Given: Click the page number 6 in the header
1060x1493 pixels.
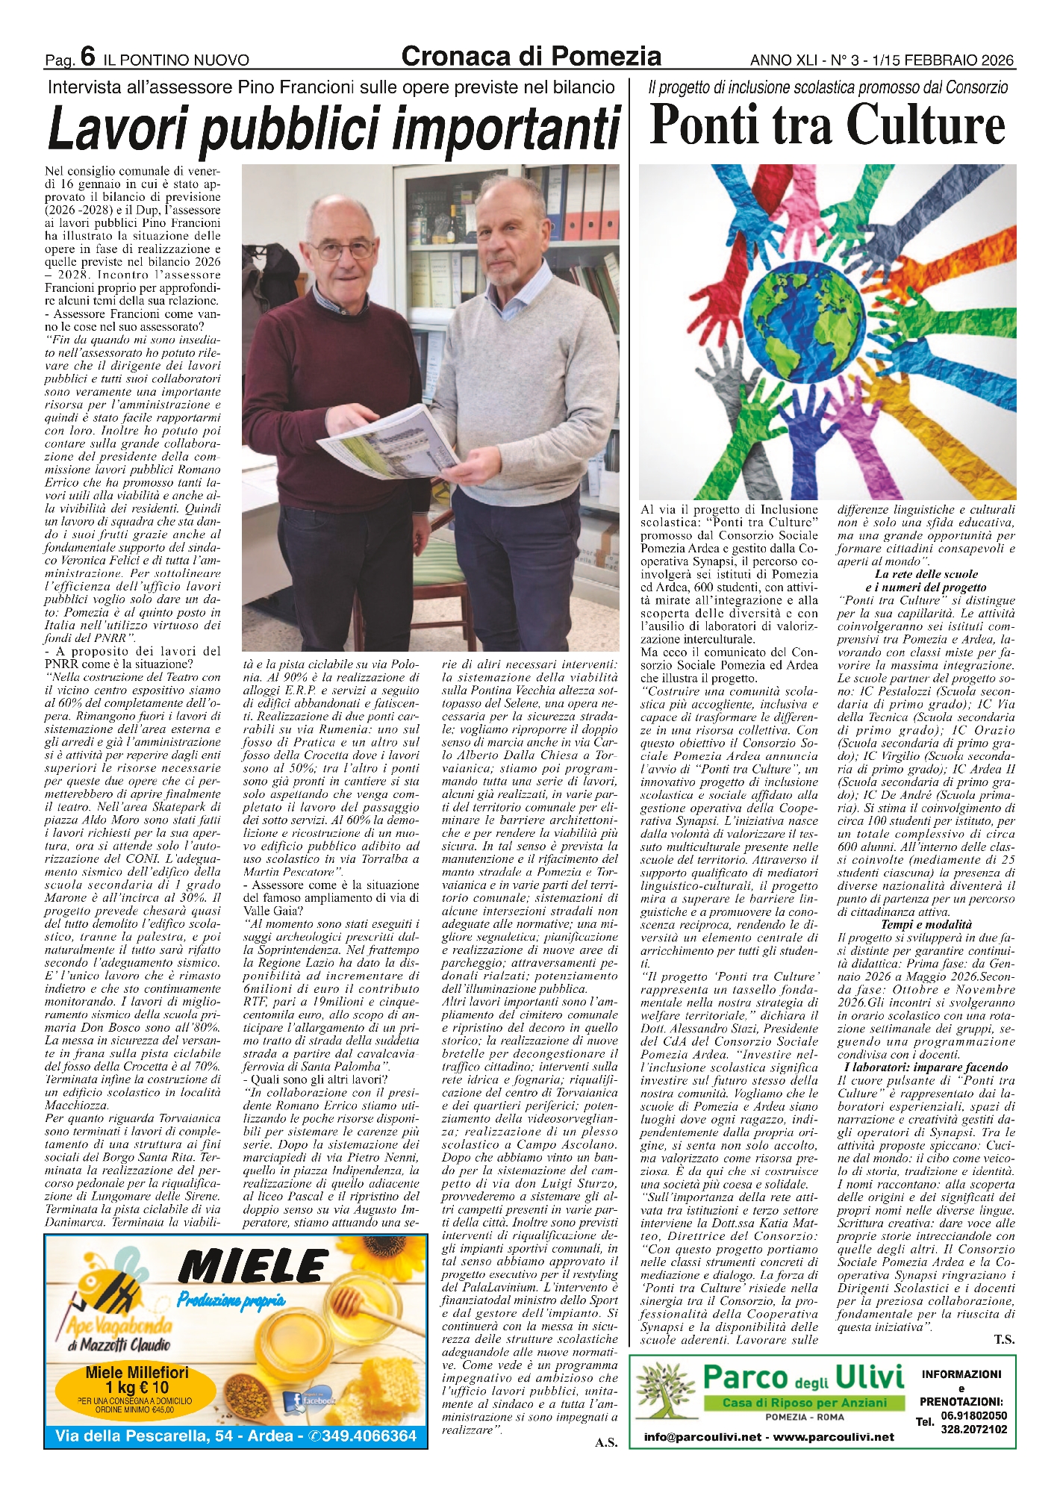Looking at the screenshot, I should click(x=88, y=57).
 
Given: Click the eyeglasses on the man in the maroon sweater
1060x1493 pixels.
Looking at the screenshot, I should click(x=342, y=249).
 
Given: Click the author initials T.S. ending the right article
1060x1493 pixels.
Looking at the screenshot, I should click(x=1004, y=1339).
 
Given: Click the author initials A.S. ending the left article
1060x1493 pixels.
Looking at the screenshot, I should click(x=605, y=1441).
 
